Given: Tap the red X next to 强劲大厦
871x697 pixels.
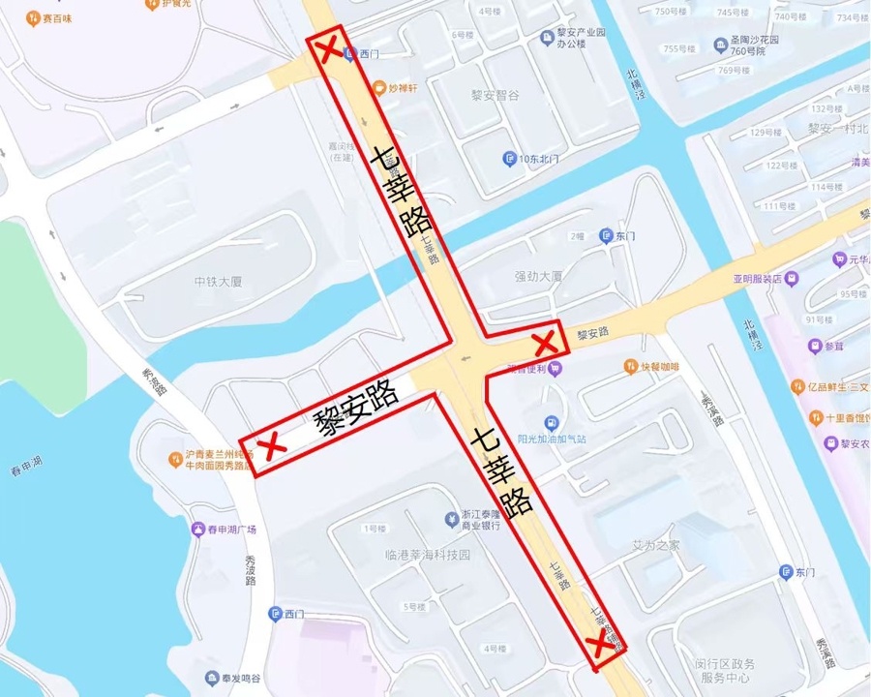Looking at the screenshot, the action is pos(545,342).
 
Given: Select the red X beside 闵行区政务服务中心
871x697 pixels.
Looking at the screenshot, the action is pos(600,645).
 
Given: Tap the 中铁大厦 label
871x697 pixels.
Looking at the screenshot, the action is pos(218,282).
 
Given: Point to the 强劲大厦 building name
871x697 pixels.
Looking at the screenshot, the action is pos(538,276).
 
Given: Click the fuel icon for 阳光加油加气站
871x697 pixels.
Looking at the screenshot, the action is pos(551,423).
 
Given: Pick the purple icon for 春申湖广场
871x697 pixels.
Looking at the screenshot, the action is pos(198,530).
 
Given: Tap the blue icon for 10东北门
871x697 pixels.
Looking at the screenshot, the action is pos(509,159).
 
